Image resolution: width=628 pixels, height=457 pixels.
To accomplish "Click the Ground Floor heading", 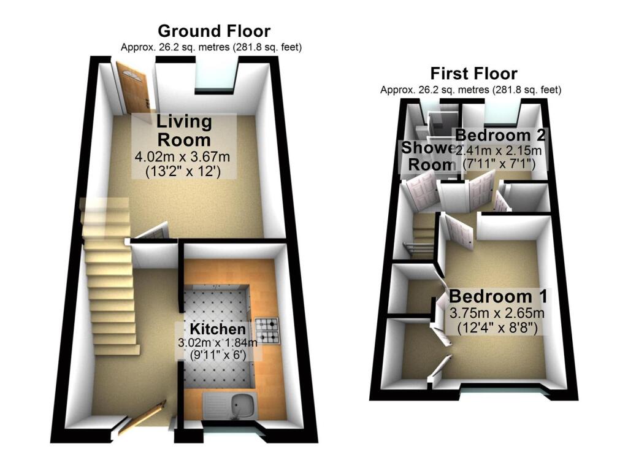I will (213, 31).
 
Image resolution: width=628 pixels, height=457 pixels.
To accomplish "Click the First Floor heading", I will (473, 74).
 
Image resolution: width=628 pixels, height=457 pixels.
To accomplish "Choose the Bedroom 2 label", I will (500, 135).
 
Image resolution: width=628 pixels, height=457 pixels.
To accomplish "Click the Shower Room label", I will (427, 156).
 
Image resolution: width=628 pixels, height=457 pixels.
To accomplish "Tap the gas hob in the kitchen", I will (268, 331).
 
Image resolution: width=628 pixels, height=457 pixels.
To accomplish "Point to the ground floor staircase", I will (109, 282).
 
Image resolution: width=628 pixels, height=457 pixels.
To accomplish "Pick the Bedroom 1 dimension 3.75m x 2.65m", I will (497, 313).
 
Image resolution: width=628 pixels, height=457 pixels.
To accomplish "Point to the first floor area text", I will (470, 90).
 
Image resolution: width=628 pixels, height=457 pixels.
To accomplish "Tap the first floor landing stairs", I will (423, 236).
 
